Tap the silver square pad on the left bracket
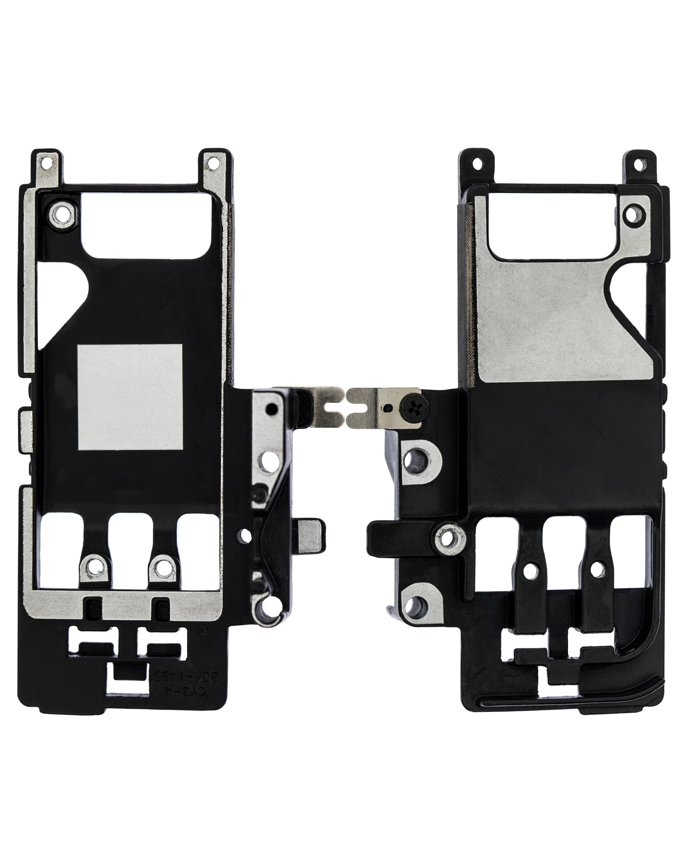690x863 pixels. [130, 397]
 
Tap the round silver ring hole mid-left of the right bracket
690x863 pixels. [450, 539]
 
